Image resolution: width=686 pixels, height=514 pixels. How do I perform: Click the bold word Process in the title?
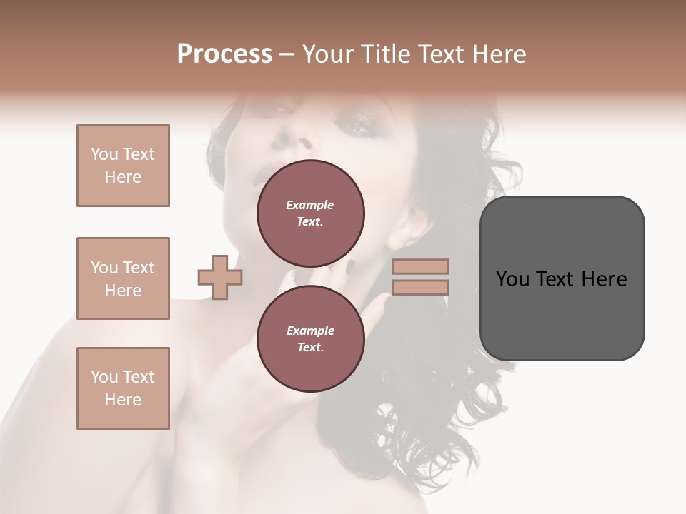pyautogui.click(x=224, y=54)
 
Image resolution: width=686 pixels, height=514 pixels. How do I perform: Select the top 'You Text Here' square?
pyautogui.click(x=123, y=166)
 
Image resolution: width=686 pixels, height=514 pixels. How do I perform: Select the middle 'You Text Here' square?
pyautogui.click(x=123, y=278)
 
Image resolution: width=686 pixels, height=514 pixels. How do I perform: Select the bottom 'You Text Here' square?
pyautogui.click(x=123, y=388)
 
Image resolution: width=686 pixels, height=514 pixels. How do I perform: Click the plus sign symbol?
pyautogui.click(x=220, y=277)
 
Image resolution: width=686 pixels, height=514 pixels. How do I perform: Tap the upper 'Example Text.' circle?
pyautogui.click(x=310, y=213)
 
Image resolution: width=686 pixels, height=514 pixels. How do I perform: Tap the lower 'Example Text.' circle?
pyautogui.click(x=310, y=339)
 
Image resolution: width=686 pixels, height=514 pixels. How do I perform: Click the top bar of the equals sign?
pyautogui.click(x=420, y=266)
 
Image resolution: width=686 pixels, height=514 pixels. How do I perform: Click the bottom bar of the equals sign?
pyautogui.click(x=420, y=287)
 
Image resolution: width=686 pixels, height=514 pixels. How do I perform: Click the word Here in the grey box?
pyautogui.click(x=604, y=279)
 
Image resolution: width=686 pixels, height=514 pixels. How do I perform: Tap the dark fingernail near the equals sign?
pyautogui.click(x=351, y=267)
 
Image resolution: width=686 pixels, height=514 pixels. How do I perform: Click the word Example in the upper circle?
pyautogui.click(x=310, y=205)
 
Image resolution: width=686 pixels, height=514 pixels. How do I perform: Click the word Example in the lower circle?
pyautogui.click(x=310, y=331)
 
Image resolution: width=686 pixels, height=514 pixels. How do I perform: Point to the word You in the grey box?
pyautogui.click(x=512, y=279)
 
